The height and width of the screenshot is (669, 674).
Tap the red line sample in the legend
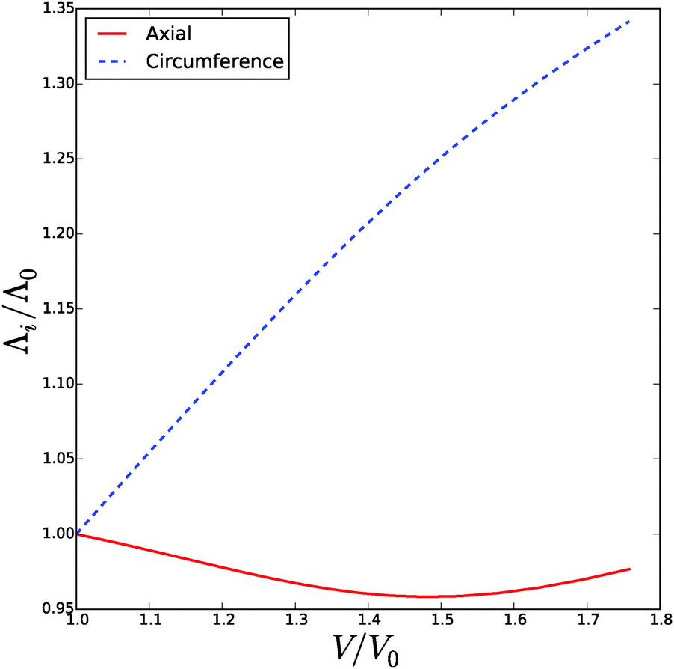point(108,34)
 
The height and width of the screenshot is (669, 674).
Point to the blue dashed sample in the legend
point(108,61)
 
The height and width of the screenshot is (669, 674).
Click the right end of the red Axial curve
point(630,569)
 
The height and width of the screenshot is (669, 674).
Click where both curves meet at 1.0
point(77,534)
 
